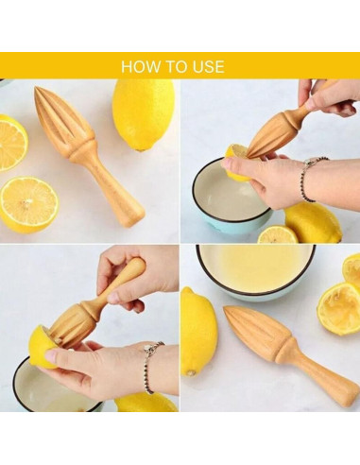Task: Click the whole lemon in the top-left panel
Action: (143, 114)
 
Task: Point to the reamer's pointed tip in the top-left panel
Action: (36, 88)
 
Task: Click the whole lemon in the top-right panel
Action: (314, 222)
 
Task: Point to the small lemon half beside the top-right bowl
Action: (278, 234)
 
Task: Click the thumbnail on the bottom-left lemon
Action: (51, 356)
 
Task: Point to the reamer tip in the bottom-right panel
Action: (226, 309)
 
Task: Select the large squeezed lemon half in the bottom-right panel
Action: (339, 308)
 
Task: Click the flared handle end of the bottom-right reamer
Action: (348, 395)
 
